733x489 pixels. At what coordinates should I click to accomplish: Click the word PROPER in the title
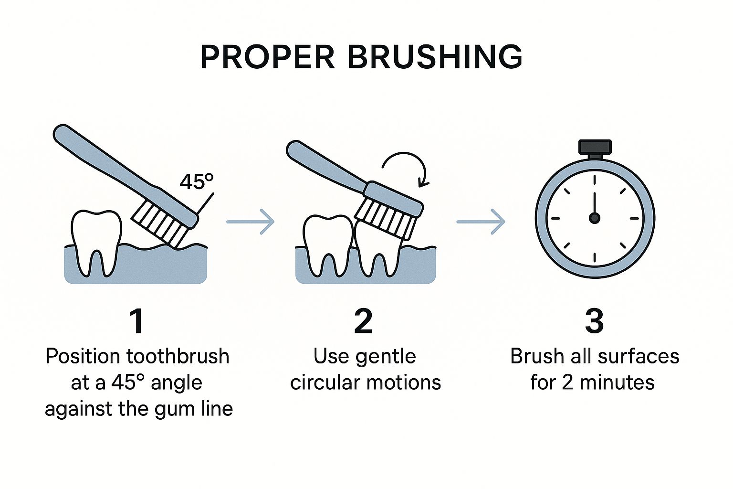267,57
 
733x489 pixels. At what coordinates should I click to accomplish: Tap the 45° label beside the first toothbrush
196,181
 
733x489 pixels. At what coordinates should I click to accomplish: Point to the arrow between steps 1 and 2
251,222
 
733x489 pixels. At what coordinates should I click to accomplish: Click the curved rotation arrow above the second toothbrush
405,167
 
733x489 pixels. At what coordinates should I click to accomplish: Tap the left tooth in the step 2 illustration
328,244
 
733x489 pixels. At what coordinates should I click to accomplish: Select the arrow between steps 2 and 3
481,222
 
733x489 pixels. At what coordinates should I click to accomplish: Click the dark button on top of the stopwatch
595,147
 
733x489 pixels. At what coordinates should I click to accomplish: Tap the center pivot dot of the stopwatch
595,218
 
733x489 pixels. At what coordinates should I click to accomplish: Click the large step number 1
136,321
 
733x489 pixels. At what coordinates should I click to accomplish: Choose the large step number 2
364,321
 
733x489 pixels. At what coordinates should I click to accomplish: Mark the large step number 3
594,321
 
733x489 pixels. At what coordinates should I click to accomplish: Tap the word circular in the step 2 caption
321,383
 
